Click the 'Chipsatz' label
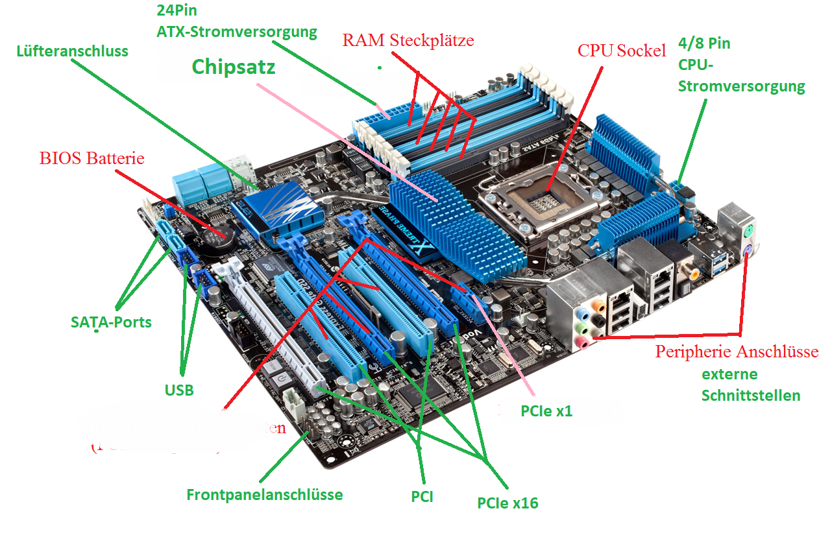point(234,67)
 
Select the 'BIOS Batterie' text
point(92,158)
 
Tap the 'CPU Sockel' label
point(622,51)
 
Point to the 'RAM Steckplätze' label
point(408,40)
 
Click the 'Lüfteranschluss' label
point(72,51)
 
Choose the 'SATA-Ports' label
point(111,322)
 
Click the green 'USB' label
point(178,390)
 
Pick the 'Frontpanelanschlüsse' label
point(264,495)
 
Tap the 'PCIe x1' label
point(546,411)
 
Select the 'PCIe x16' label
point(507,503)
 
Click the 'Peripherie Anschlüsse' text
point(737,352)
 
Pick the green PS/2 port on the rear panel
point(748,230)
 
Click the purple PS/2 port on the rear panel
point(748,253)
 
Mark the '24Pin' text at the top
point(175,11)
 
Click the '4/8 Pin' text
point(704,44)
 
